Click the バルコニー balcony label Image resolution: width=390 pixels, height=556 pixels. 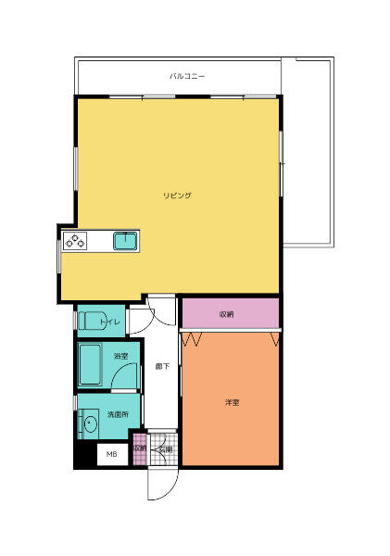(x=187, y=76)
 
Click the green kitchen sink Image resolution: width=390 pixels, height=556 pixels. (x=126, y=242)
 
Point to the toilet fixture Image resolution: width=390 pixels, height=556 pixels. (x=92, y=322)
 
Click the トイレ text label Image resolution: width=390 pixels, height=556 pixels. (x=111, y=322)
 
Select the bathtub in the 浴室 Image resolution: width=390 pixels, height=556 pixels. (x=90, y=365)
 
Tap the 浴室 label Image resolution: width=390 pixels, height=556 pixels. (x=120, y=356)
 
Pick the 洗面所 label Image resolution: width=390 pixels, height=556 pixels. (x=118, y=414)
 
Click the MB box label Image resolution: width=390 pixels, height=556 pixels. (x=111, y=454)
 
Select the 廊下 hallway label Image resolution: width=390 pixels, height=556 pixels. (x=161, y=366)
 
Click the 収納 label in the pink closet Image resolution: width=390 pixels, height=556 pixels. (x=226, y=315)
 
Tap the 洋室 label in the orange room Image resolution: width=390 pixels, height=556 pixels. (x=232, y=402)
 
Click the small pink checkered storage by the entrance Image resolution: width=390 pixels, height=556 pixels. (x=139, y=449)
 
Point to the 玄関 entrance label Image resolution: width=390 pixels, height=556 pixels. (x=164, y=449)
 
